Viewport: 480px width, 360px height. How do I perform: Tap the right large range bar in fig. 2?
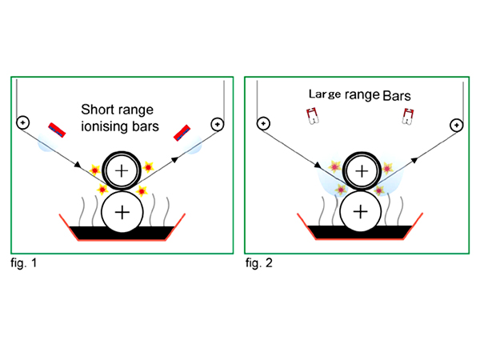click(x=410, y=118)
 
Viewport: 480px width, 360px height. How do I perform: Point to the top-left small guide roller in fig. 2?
click(x=262, y=124)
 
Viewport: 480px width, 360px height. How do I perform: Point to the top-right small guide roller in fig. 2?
click(x=455, y=124)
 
